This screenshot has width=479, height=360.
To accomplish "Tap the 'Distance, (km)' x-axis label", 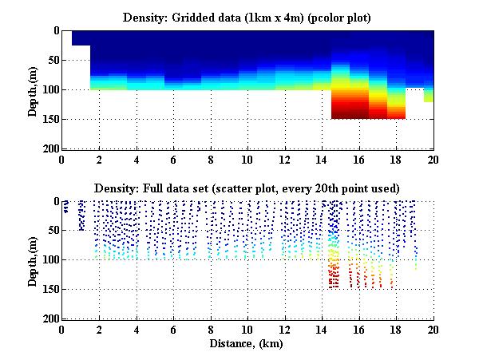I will coord(247,343).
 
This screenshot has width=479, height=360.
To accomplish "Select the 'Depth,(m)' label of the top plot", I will coord(33,90).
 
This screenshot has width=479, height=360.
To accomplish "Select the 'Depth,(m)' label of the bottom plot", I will coord(33,260).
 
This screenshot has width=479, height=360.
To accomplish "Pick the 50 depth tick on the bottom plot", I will coord(50,231).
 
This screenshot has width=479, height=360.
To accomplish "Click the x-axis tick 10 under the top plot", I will coord(247,159).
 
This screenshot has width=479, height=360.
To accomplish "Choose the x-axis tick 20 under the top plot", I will coord(433,159).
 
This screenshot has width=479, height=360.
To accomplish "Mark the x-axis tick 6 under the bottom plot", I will coord(173,329).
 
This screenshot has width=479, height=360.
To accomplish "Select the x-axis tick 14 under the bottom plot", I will coord(322,329).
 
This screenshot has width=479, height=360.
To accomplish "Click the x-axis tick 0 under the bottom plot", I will coord(62,329).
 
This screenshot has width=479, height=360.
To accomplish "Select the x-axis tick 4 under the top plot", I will coord(137,159).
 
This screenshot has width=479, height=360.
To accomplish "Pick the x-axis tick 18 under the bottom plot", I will coord(396,329).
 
